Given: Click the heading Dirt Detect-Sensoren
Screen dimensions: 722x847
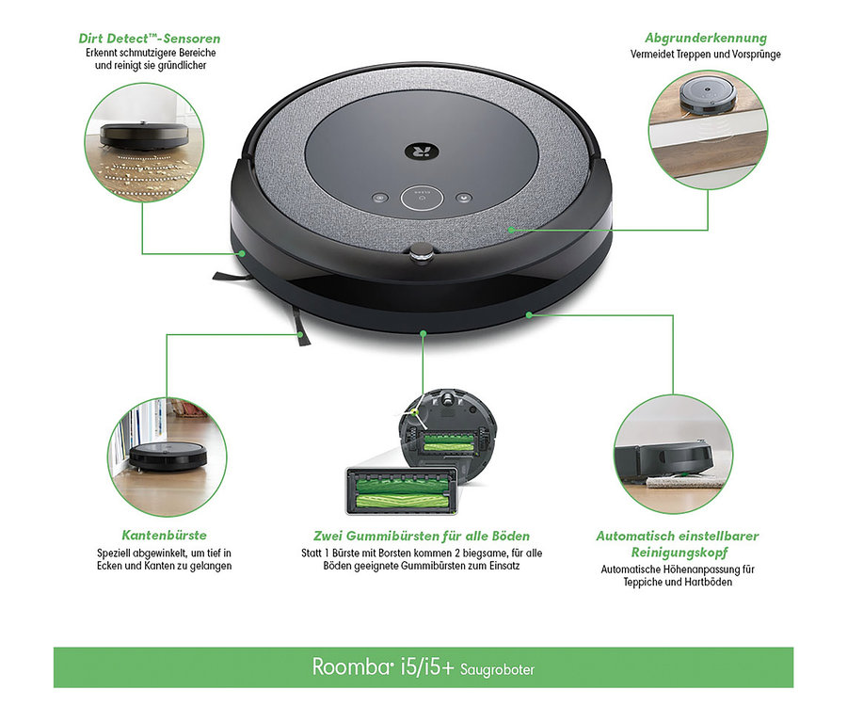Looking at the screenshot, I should pos(151,39).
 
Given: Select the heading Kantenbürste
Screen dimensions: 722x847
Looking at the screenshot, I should pos(164,535).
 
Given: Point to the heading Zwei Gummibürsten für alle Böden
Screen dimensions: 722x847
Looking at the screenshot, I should pos(421,536).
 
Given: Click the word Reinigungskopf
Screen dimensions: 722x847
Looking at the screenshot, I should pos(677,552).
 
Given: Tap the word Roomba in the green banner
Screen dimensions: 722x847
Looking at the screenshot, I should pos(345,667).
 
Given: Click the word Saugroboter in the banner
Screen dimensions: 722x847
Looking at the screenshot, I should pos(496,669).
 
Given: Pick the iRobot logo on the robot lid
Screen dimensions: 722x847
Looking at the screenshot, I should pos(416,151).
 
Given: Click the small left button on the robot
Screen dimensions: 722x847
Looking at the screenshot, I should pos(379,199).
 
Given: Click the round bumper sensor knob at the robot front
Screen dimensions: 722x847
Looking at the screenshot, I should pos(423,250).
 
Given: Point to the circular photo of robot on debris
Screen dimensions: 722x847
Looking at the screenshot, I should pos(143,142).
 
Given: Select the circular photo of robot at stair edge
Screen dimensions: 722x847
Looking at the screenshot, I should pos(708,128).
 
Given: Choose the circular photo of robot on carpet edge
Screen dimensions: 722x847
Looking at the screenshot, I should pos(673,453).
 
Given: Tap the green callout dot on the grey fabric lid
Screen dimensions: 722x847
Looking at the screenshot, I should pos(509,228).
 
